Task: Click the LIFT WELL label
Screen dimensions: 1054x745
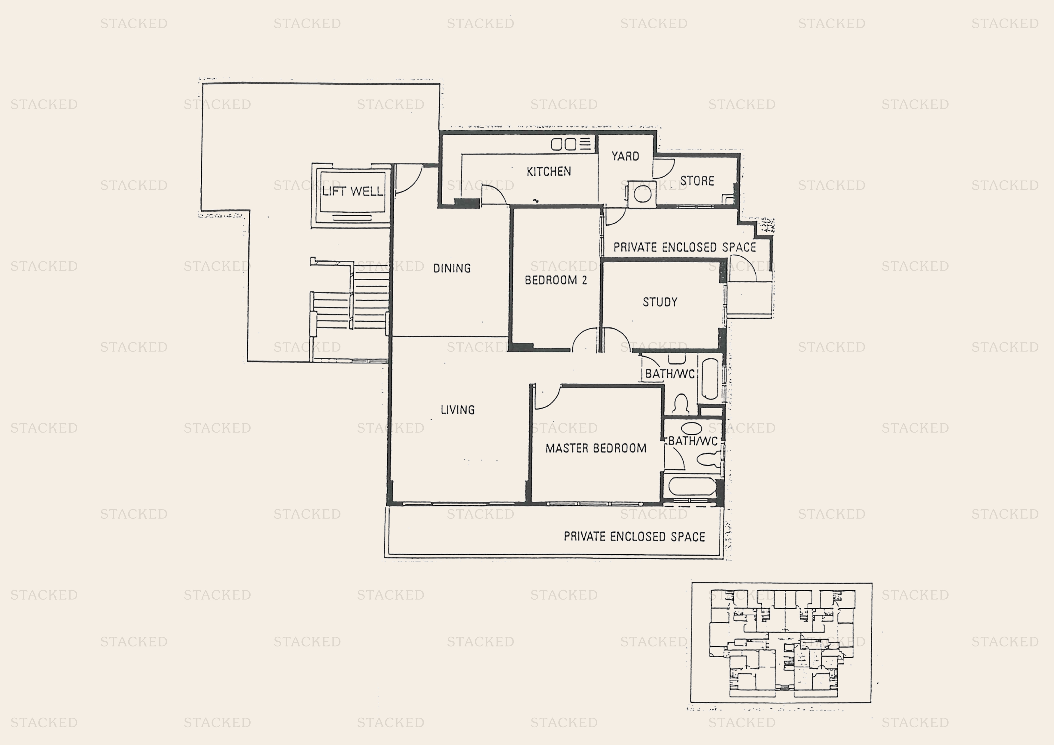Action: coord(352,191)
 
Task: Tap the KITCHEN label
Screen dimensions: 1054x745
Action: coord(549,172)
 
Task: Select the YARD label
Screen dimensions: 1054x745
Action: coord(625,157)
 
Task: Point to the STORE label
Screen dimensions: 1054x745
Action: coord(697,181)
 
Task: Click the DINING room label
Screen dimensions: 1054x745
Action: coord(452,268)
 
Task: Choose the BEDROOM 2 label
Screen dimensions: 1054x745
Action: coord(556,280)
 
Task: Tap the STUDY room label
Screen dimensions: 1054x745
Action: coord(660,302)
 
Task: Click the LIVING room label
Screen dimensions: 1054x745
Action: coord(457,409)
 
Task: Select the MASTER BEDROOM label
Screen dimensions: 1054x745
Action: coord(596,448)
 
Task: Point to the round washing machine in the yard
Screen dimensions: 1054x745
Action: coord(642,195)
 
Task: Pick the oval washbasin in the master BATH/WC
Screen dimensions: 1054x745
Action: coord(691,428)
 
